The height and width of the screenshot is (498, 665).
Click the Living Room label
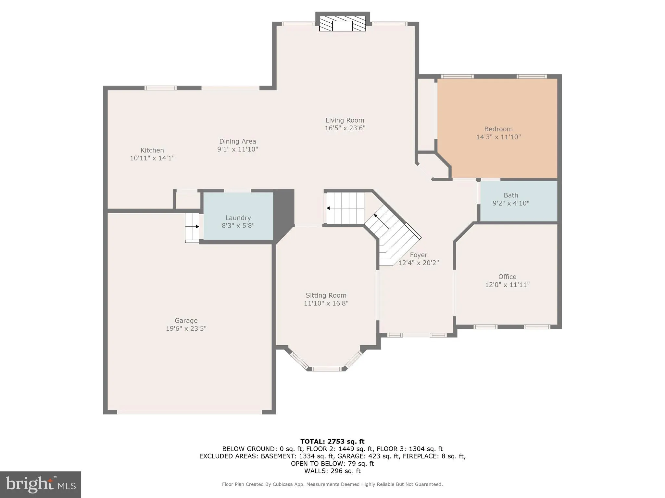[345, 120]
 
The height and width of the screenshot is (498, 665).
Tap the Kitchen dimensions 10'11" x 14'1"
[152, 158]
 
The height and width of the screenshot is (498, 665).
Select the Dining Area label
[237, 141]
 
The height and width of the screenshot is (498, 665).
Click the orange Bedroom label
[498, 129]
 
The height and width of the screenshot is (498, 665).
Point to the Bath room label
[511, 195]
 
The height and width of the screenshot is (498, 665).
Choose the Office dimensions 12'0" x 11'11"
[507, 285]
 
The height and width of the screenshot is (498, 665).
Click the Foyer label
[419, 255]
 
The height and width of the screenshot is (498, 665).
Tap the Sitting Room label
[326, 295]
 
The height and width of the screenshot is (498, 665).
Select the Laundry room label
[238, 218]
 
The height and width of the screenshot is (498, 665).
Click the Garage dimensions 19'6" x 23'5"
[186, 328]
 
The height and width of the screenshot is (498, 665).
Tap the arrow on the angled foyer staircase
[376, 216]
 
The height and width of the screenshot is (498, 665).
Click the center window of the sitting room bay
[326, 369]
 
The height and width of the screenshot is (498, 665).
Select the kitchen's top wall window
[160, 88]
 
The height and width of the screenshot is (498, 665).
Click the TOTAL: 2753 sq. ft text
[332, 441]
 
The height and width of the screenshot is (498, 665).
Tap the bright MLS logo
[41, 484]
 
